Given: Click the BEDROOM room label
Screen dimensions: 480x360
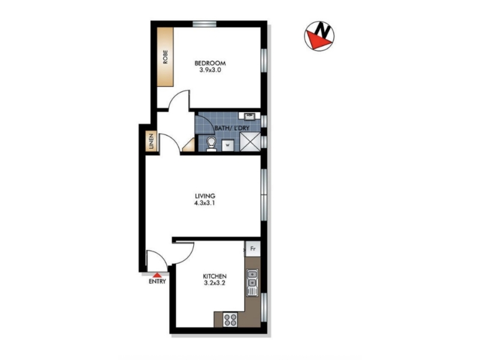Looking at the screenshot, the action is click(210, 63).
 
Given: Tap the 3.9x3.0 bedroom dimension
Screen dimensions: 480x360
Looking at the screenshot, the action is click(210, 70).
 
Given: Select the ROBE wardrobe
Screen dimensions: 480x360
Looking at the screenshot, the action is click(166, 57).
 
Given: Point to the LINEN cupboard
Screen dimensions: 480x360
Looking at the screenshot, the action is click(151, 142).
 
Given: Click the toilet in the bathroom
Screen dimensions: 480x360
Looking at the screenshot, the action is click(211, 144).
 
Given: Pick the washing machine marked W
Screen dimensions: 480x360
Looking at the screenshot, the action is click(227, 145).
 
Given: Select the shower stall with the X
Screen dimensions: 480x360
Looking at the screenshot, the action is click(250, 142).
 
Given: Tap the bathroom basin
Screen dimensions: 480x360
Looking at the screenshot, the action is click(250, 116).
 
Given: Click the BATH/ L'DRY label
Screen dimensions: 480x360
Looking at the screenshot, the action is click(232, 128).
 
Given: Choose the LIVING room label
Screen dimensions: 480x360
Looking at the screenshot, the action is click(205, 196).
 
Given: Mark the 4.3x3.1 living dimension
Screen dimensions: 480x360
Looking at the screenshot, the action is click(205, 203).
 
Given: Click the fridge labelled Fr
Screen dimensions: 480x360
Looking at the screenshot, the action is click(253, 249).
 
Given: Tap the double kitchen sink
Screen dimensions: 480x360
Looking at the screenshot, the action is click(252, 283).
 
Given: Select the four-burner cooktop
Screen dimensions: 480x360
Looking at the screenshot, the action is click(230, 320).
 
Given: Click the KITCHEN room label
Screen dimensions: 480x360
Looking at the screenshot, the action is click(215, 276).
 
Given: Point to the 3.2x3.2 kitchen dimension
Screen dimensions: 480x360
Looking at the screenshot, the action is click(215, 283).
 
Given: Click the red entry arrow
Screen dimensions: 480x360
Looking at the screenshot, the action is click(157, 275).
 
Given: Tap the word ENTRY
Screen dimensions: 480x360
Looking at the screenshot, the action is click(157, 281).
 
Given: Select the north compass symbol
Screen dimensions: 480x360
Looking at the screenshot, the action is click(319, 36).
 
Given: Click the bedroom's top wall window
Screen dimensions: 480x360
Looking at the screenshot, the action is click(205, 24).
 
